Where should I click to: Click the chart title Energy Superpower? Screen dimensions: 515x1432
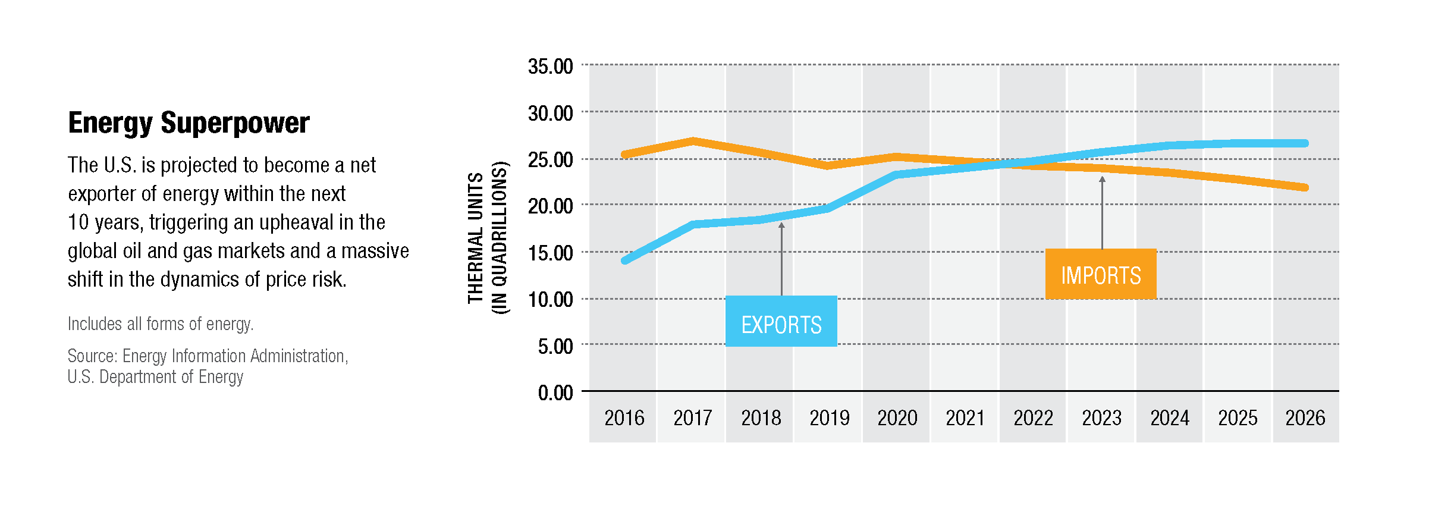click(189, 123)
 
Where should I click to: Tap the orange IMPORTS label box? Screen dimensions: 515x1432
click(1101, 274)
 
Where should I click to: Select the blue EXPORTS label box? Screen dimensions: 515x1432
click(781, 322)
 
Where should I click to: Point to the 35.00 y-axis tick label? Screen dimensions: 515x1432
click(550, 66)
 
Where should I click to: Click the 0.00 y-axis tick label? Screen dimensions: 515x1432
click(555, 392)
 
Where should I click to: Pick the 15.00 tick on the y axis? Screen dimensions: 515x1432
click(550, 253)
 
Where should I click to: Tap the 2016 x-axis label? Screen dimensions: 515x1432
click(624, 418)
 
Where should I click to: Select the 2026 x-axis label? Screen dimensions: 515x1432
click(1305, 418)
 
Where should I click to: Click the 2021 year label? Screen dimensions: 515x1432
click(965, 418)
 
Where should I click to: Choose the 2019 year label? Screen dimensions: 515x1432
click(829, 418)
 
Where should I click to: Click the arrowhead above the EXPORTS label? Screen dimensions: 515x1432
click(781, 225)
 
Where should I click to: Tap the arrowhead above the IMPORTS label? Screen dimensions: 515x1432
click(1102, 179)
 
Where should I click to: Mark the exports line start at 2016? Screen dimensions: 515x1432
click(625, 260)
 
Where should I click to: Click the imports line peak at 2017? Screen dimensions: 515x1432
click(693, 141)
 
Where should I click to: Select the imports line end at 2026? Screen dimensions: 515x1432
click(1305, 187)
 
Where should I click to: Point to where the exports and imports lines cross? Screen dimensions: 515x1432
click(1005, 164)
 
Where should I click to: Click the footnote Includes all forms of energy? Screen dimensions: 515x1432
click(161, 324)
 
